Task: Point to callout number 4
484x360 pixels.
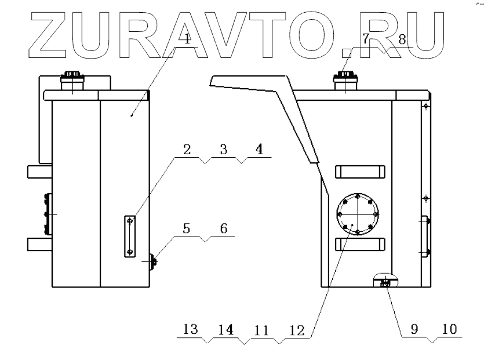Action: point(259,149)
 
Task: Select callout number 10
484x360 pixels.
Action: point(449,328)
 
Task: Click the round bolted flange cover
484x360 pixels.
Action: point(356,214)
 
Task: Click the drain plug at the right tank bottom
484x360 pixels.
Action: point(385,283)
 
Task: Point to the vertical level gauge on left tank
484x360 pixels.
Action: point(130,236)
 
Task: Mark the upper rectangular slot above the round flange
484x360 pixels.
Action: point(360,171)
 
